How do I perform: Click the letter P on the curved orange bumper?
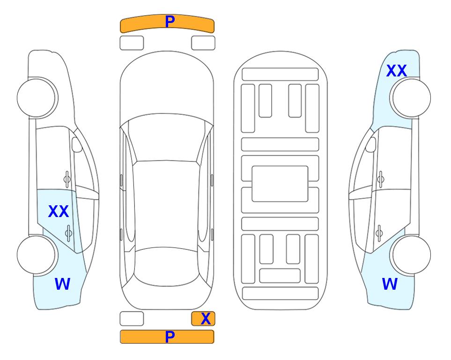coord(170,22)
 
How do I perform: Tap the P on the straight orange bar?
coord(170,337)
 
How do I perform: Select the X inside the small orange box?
coord(206,319)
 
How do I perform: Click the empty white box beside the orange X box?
coord(132,319)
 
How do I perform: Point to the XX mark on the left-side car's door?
coord(59,211)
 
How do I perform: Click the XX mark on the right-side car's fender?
coord(396,71)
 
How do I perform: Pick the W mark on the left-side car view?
coord(62,284)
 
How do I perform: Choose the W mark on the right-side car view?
coord(390,284)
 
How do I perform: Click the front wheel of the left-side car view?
coord(37,98)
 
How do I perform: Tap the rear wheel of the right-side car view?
coord(410,255)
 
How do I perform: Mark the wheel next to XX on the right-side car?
coord(410,98)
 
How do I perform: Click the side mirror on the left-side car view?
coord(77,144)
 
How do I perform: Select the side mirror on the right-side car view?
coord(370,144)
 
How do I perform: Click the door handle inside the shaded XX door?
coord(68,233)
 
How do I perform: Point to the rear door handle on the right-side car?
coord(379,233)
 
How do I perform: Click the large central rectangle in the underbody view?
coord(280,184)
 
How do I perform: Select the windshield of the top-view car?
coord(166,138)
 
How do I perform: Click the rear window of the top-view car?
coord(166,266)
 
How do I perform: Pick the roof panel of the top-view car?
coord(166,205)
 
